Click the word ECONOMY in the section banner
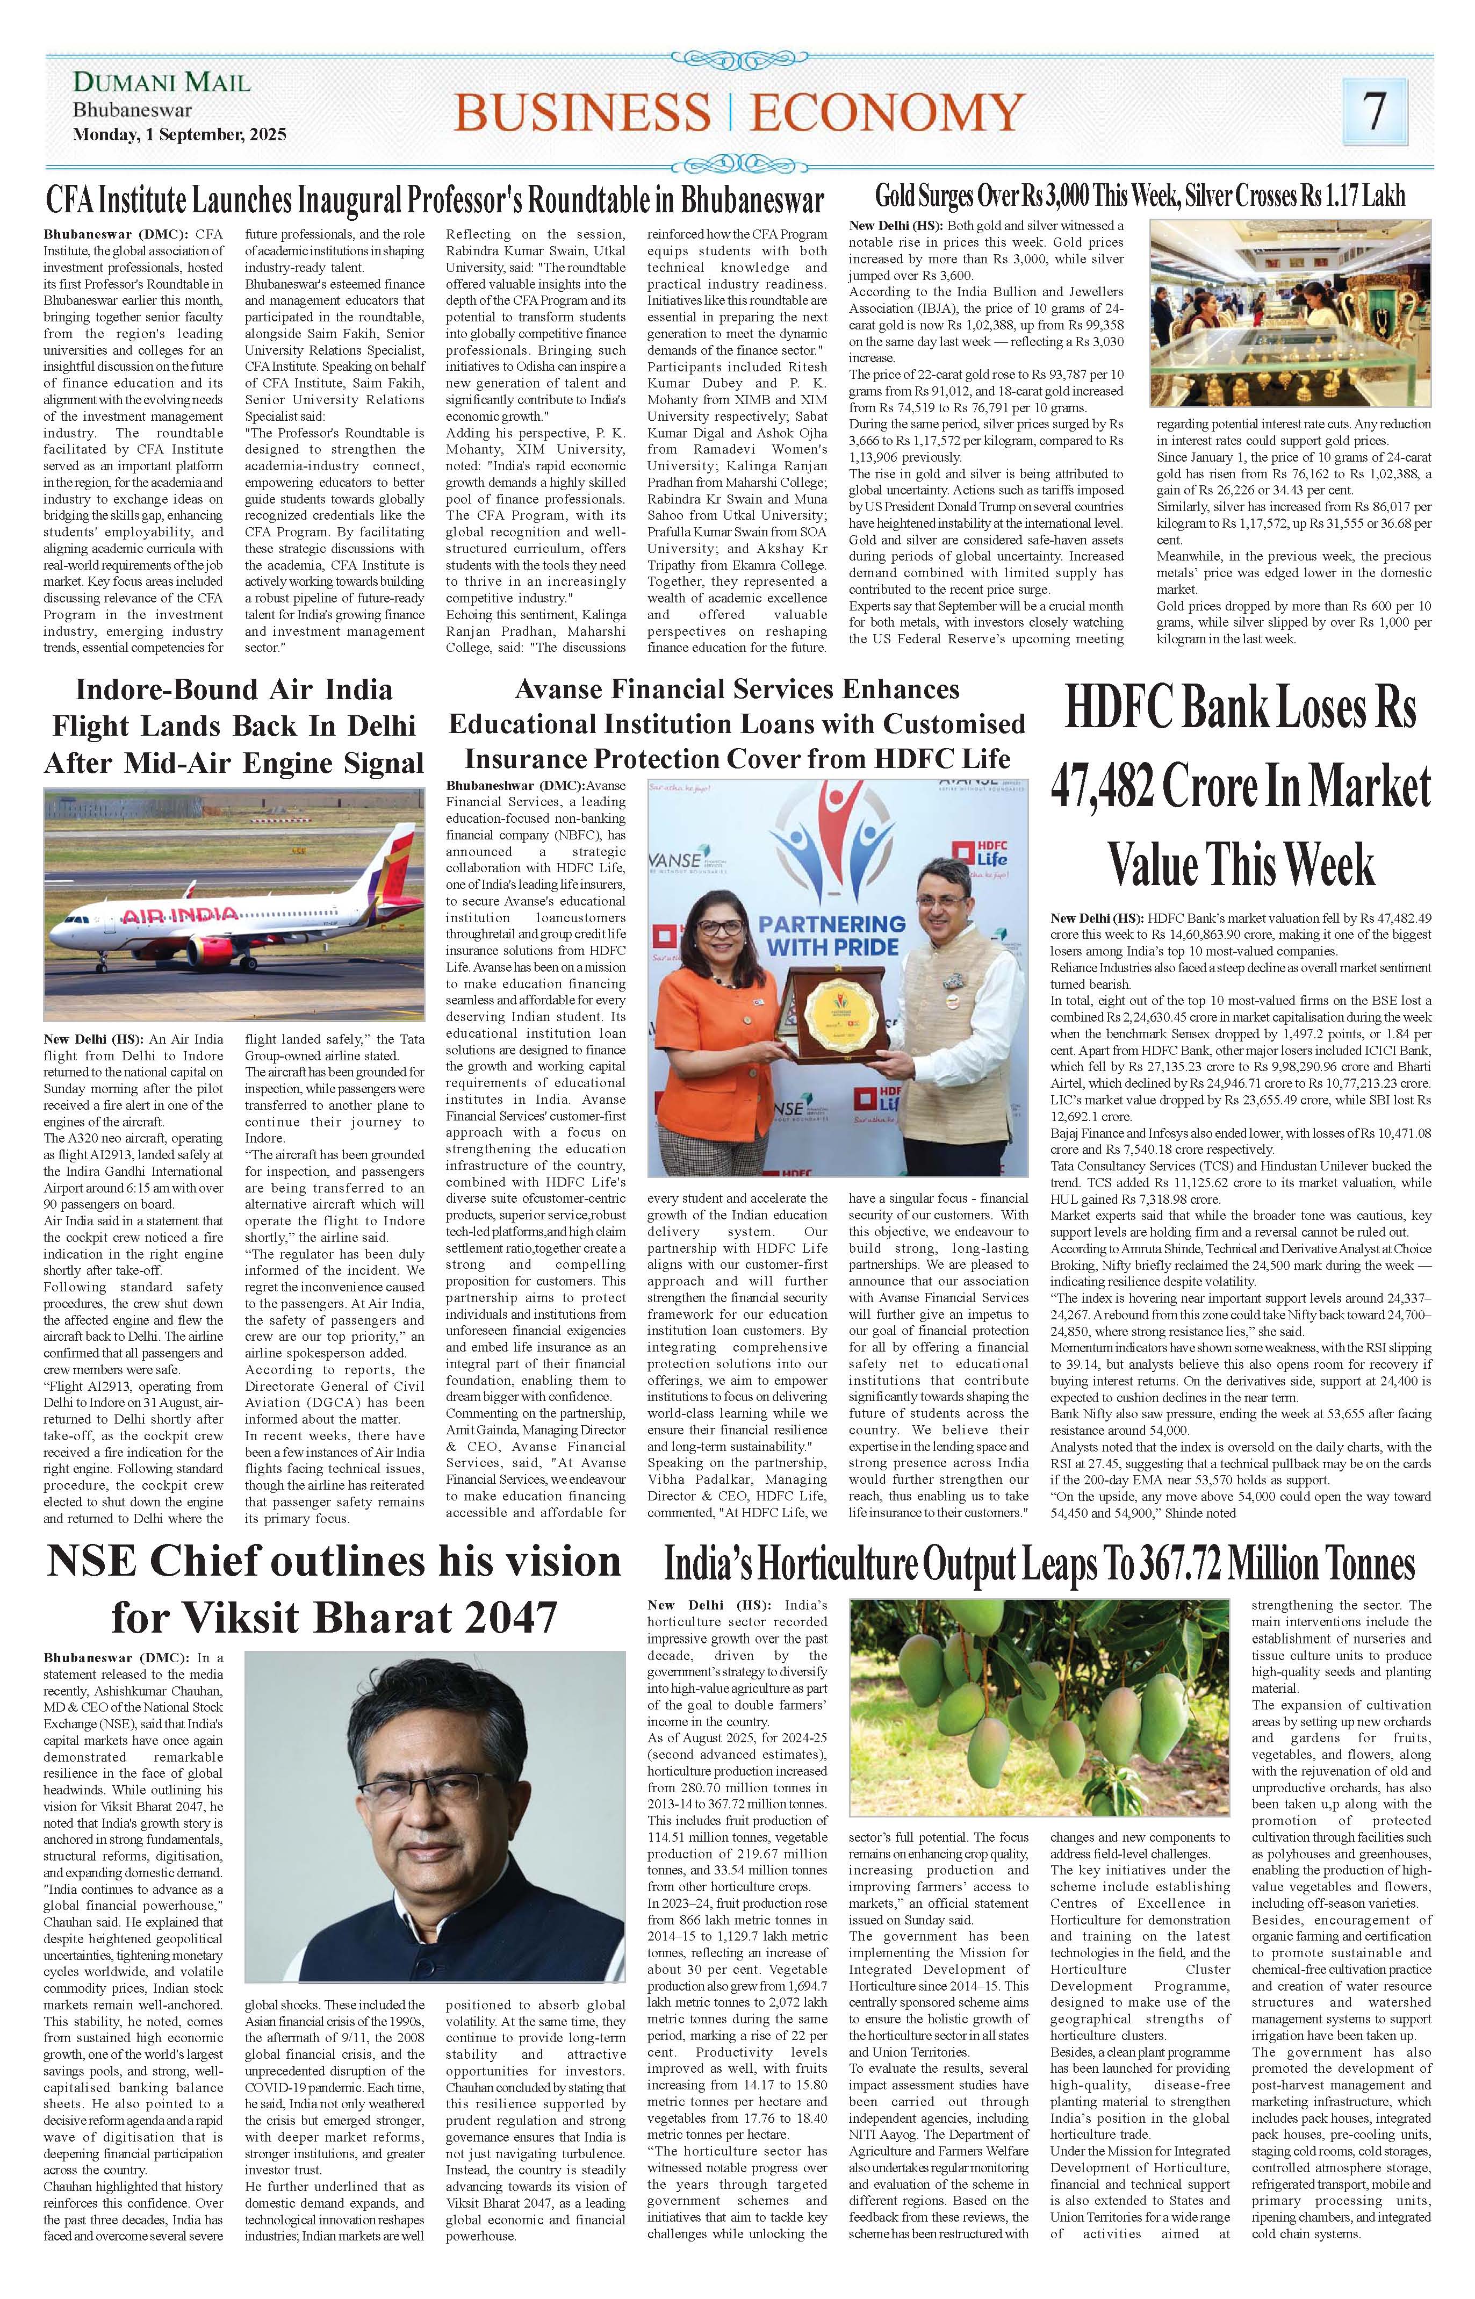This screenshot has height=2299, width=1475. click(886, 112)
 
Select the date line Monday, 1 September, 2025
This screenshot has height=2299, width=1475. click(179, 135)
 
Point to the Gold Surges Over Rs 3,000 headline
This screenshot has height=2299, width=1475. click(1140, 196)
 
